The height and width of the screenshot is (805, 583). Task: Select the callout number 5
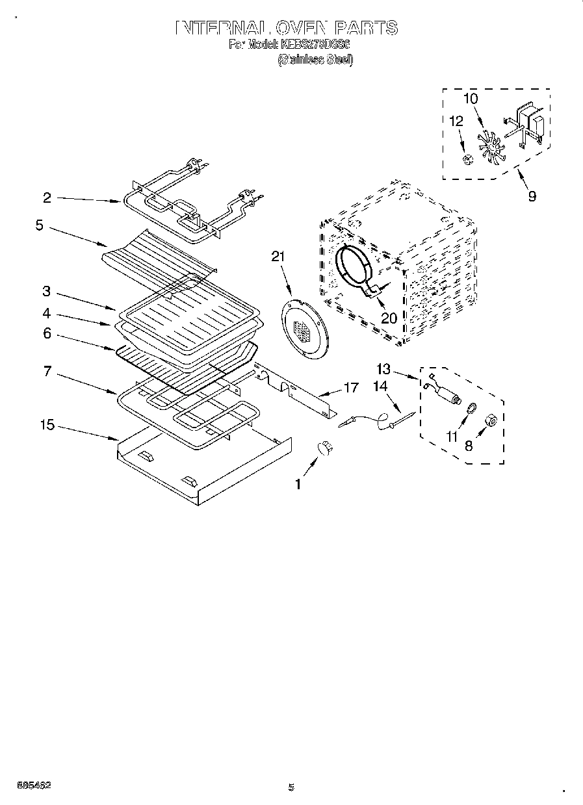(x=40, y=225)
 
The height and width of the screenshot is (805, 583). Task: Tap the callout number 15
(x=46, y=425)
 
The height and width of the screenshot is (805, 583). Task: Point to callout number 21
(x=278, y=257)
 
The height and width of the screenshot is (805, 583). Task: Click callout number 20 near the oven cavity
(x=389, y=318)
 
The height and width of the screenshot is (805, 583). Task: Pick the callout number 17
(x=351, y=388)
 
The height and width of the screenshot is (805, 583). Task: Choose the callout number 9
(x=532, y=196)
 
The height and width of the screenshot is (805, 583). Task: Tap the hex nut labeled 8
(x=492, y=422)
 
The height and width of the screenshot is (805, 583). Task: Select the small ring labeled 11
(x=471, y=408)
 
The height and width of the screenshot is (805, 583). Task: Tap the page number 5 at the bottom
(x=291, y=787)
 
